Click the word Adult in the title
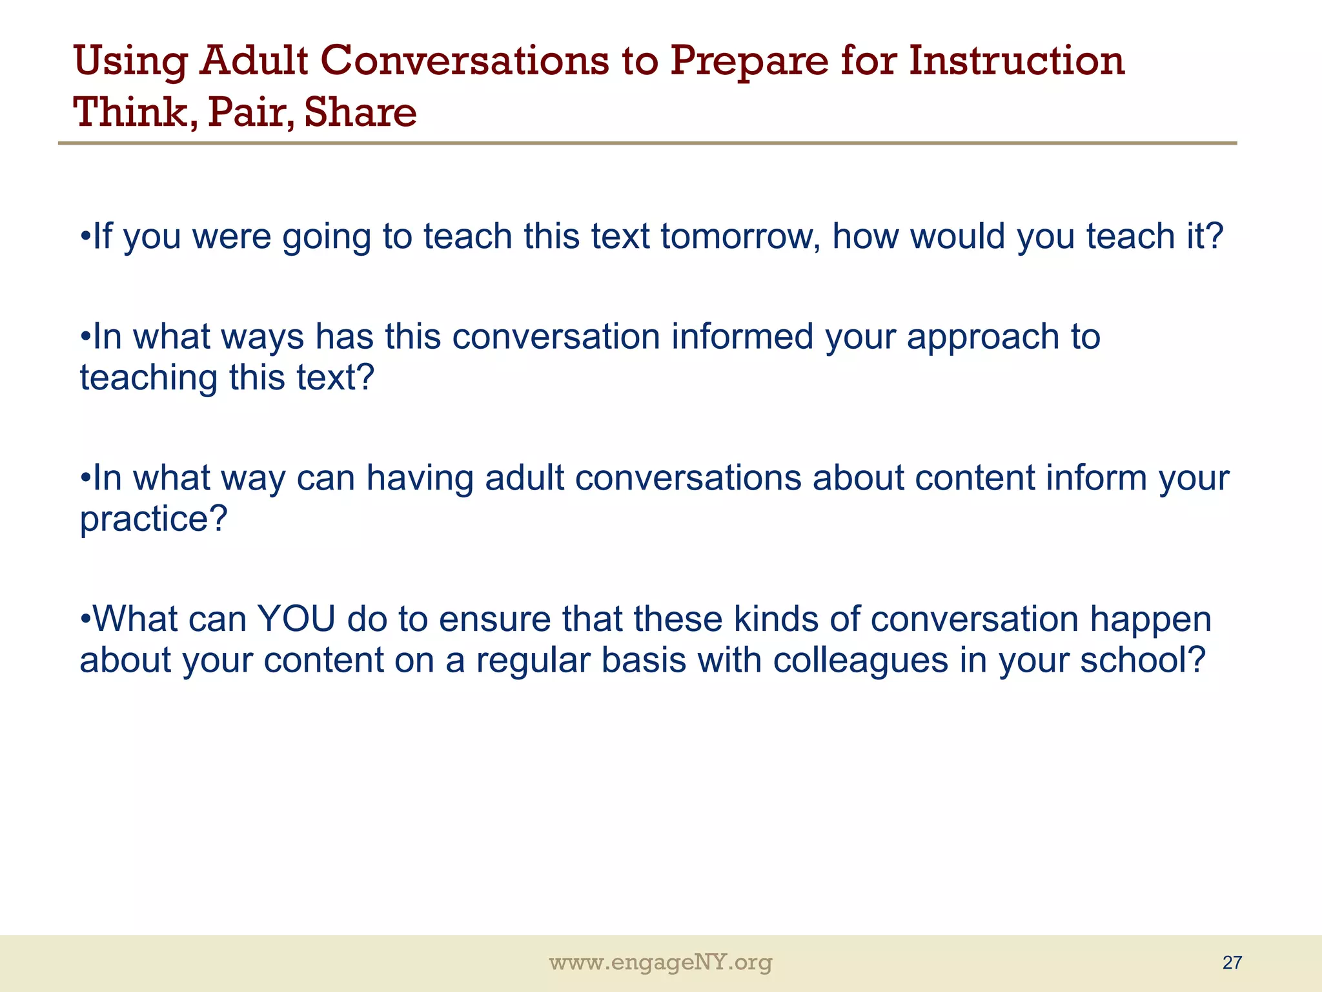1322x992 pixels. [x=253, y=61]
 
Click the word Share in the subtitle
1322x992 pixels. [x=360, y=112]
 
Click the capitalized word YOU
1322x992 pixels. [x=296, y=619]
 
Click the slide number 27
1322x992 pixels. [x=1232, y=963]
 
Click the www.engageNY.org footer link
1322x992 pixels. [x=660, y=963]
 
